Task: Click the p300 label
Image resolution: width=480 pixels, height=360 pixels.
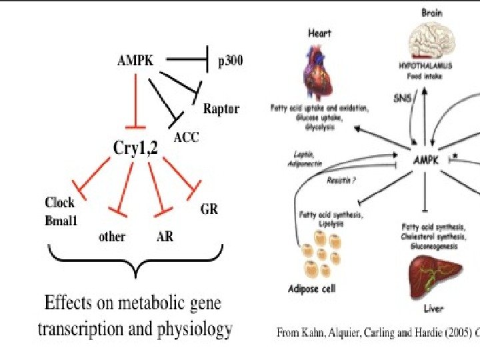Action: point(230,62)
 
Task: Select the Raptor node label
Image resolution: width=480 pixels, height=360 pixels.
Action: point(221,109)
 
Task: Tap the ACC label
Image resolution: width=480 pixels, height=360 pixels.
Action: point(186,138)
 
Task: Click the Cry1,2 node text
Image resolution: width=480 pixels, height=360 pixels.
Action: point(136,149)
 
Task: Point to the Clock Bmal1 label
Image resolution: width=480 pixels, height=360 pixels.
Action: point(60,210)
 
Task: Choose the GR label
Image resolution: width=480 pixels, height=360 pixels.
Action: point(209,209)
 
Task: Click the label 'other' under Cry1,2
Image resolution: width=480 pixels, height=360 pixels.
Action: point(112,236)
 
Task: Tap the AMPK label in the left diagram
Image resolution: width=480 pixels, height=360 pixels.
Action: point(136,61)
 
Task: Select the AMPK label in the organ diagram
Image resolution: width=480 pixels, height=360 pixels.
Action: point(426,161)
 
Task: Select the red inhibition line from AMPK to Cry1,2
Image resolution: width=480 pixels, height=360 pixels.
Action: point(136,100)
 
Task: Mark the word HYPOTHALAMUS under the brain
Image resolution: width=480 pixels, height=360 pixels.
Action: point(425,67)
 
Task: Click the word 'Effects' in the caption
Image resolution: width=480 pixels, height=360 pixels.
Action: point(66,304)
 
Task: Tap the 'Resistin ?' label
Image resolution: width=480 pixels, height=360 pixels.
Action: point(341,180)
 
